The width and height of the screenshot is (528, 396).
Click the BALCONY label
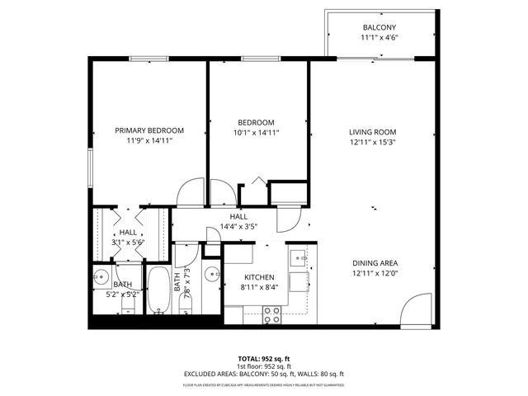point(379,27)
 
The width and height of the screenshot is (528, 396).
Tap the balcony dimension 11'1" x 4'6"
point(379,38)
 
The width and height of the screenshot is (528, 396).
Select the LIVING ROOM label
point(372,132)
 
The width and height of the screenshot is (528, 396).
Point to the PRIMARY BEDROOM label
point(149,130)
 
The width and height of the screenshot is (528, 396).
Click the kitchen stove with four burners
point(272,313)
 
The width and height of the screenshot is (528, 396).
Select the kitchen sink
point(299,257)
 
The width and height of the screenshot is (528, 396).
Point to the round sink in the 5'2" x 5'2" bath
point(102,277)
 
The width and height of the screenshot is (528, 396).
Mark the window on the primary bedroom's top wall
point(148,58)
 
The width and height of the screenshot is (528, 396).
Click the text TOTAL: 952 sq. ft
point(263,358)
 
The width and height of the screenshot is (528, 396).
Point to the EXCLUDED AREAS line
point(263,373)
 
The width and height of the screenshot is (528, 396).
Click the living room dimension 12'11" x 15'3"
point(372,142)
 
